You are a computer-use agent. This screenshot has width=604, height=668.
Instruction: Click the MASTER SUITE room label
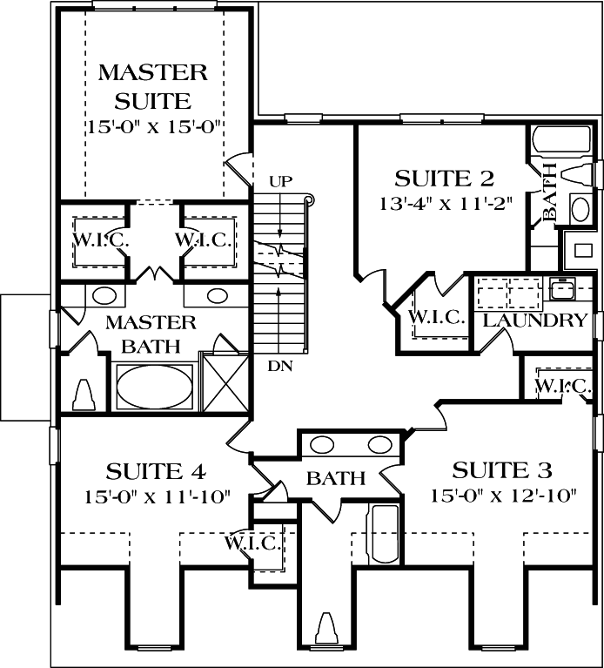coord(153,86)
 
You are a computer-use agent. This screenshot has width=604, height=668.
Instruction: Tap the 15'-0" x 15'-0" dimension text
coord(153,126)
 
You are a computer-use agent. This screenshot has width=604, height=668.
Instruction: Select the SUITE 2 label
coord(444,179)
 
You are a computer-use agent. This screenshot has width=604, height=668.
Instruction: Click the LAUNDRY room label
coord(535,320)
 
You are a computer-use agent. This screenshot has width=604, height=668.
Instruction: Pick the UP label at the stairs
coord(280,181)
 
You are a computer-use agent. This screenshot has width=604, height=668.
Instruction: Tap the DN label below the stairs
coord(280,366)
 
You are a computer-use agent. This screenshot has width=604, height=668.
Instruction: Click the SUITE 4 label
coord(156,472)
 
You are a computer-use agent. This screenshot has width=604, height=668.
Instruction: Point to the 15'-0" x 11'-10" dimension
coord(155,497)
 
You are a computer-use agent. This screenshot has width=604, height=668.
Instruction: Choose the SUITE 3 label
coord(502,471)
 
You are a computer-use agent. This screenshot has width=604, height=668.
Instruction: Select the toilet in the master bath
coord(84,395)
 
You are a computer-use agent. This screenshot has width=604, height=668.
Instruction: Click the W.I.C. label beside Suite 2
coord(436,317)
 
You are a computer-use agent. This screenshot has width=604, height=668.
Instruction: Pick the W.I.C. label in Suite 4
coord(252,543)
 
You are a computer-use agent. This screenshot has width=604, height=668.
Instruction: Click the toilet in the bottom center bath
coord(326,628)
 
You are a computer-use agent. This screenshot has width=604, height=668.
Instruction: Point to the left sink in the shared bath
coord(323,445)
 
